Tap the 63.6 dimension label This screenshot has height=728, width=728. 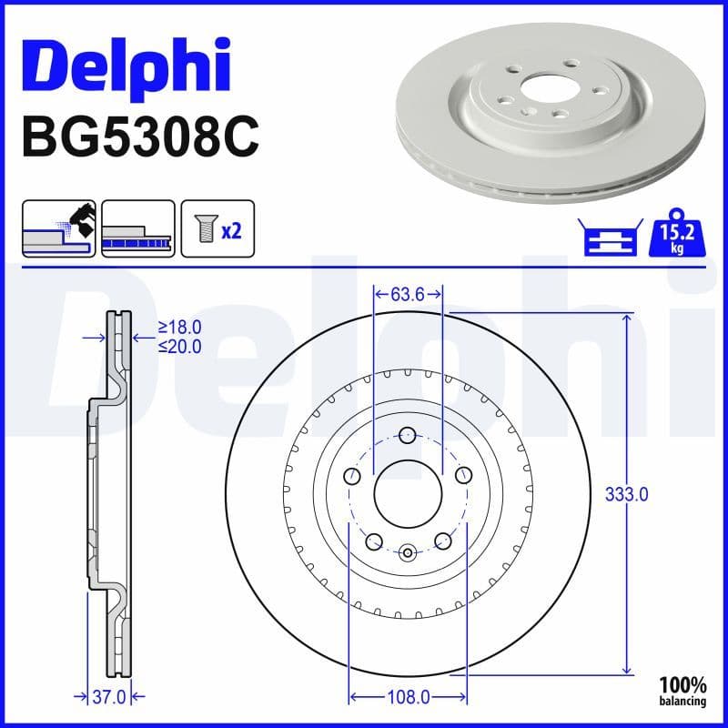click(x=408, y=294)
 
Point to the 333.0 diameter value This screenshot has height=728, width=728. click(x=626, y=494)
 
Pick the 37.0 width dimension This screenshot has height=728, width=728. click(x=109, y=697)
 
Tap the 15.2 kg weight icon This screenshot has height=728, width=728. click(x=676, y=237)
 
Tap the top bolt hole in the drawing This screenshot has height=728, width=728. click(x=408, y=435)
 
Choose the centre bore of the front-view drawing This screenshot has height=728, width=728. click(x=408, y=492)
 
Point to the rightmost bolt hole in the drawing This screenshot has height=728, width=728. click(x=463, y=474)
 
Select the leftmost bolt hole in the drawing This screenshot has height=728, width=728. click(x=352, y=474)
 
